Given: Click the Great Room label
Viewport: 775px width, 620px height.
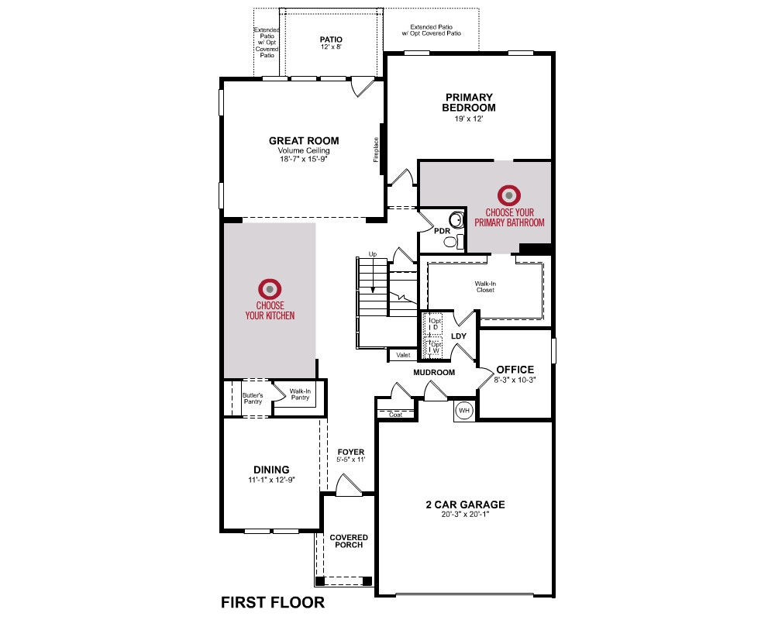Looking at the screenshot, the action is point(304,141).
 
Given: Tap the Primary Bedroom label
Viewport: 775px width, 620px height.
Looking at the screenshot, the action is point(469,102).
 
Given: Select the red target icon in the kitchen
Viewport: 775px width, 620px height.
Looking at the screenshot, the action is point(270,289).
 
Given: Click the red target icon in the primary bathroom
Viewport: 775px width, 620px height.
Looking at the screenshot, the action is point(509,195).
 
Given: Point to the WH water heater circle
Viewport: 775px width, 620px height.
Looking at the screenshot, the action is point(464,411).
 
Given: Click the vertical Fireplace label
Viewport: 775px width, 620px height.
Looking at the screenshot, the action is point(376,150).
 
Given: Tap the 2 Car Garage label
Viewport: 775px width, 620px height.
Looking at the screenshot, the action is point(466,505).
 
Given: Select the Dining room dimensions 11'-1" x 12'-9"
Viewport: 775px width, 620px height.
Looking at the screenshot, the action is point(271,480).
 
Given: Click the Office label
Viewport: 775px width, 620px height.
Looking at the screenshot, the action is point(515,370).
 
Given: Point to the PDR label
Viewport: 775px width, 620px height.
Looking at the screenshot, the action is point(442,231).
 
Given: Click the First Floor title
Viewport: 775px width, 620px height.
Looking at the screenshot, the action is point(273,602).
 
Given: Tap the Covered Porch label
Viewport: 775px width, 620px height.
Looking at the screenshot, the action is point(349,541).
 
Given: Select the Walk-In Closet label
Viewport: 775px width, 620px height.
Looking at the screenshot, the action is point(485,287).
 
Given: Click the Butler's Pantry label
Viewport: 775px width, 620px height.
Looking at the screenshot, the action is point(253,398).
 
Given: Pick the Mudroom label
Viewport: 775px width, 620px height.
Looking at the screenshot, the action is point(434,372).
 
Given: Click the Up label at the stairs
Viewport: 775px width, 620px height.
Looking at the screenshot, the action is point(373,254).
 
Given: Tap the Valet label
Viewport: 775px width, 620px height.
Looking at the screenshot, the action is point(403,355).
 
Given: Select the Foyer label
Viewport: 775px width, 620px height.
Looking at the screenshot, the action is point(351,452).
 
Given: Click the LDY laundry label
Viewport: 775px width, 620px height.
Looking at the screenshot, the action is point(459,336).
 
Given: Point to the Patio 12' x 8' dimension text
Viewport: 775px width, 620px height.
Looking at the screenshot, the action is point(331,47).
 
